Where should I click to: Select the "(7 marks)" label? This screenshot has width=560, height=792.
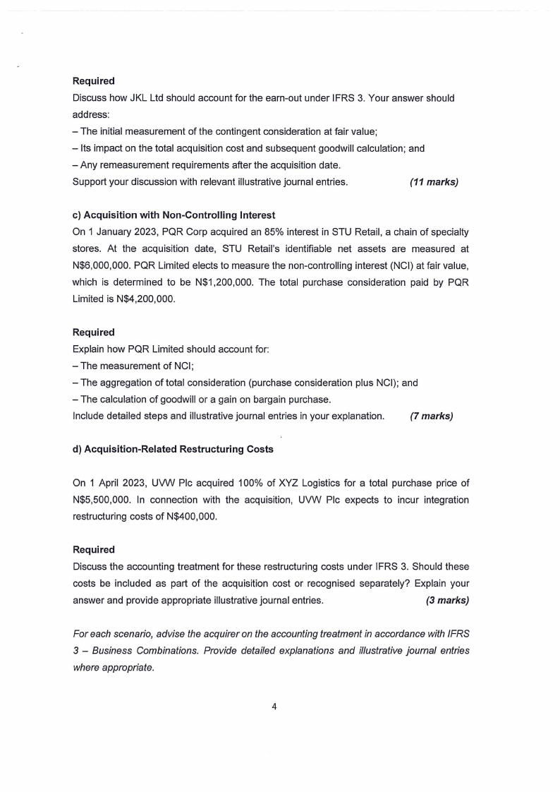(431, 416)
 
